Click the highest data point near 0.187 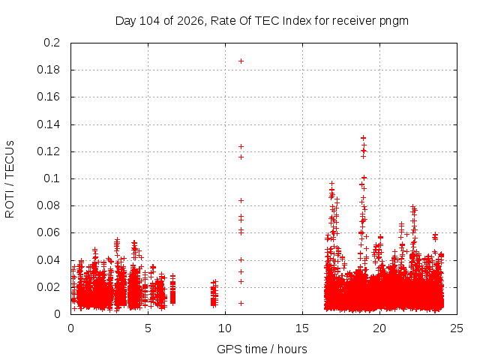tap(241, 61)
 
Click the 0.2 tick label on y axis tap(52, 43)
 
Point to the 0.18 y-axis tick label tap(48, 70)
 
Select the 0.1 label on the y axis tap(52, 178)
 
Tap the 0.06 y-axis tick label tap(48, 232)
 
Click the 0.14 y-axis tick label tap(48, 124)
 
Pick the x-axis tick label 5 tap(148, 328)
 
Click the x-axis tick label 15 tap(302, 328)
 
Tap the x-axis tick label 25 tap(457, 328)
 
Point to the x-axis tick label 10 tap(225, 328)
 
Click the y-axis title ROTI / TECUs tap(10, 179)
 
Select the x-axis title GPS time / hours tap(262, 349)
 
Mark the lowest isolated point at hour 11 tap(241, 303)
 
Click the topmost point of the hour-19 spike tap(363, 138)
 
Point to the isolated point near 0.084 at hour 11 tap(241, 200)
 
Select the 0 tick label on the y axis tap(57, 314)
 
